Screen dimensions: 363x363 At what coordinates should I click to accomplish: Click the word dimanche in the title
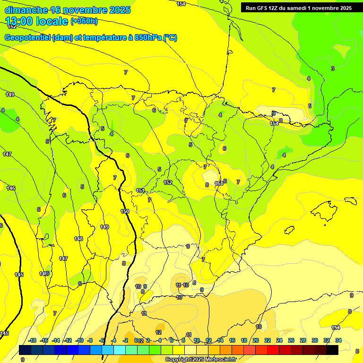click(26, 10)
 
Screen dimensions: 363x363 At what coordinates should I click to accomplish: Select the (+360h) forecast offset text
click(84, 21)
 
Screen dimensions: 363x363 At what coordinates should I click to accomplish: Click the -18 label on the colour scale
click(33, 340)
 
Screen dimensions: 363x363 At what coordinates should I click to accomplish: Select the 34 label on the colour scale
click(338, 340)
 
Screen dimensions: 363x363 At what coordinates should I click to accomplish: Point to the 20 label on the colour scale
click(256, 340)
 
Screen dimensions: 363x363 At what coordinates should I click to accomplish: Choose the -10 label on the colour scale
click(80, 340)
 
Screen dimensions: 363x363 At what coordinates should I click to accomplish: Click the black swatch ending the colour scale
click(332, 350)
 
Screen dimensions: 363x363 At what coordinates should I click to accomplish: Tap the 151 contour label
click(140, 190)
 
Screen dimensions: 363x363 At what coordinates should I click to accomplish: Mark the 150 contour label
click(125, 211)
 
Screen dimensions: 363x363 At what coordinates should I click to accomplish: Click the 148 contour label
click(78, 239)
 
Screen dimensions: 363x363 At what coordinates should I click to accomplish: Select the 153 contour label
click(219, 183)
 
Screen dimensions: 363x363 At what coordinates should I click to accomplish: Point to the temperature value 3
click(332, 69)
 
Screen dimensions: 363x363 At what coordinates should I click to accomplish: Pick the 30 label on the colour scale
click(315, 340)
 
